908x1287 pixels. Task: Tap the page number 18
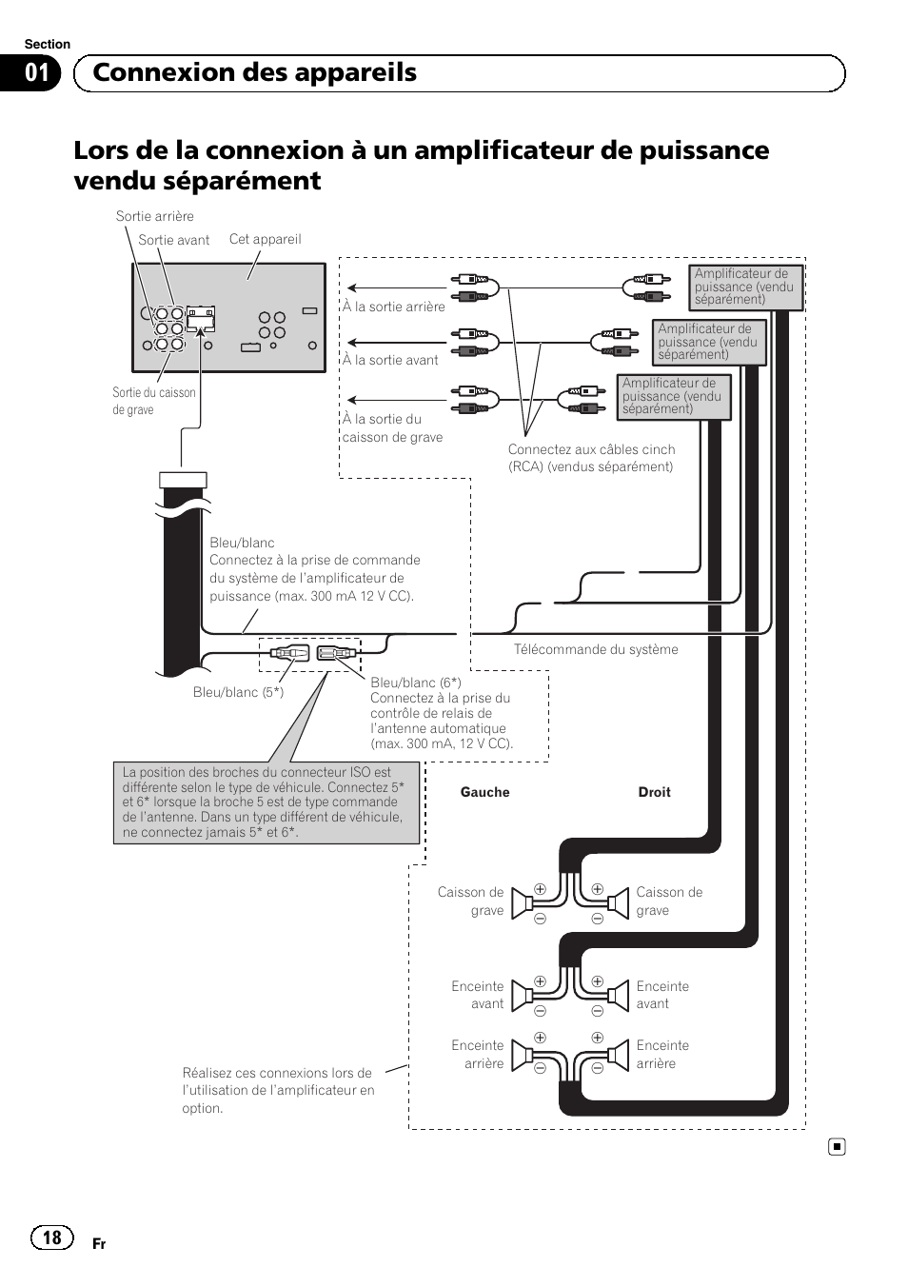pyautogui.click(x=51, y=1237)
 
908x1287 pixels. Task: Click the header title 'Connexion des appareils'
pyautogui.click(x=254, y=73)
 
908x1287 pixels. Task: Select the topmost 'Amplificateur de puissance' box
pyautogui.click(x=745, y=287)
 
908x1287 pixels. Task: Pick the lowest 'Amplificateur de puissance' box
pyautogui.click(x=673, y=396)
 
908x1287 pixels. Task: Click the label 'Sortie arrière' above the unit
pyautogui.click(x=154, y=216)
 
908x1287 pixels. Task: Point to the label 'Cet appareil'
pyautogui.click(x=265, y=239)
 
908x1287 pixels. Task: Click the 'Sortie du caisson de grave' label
pyautogui.click(x=153, y=401)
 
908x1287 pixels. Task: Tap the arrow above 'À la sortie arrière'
pyautogui.click(x=395, y=287)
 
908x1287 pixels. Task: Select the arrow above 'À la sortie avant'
pyautogui.click(x=395, y=342)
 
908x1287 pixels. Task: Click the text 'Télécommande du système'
pyautogui.click(x=596, y=649)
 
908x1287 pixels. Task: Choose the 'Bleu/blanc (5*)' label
pyautogui.click(x=238, y=692)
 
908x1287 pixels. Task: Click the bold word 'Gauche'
pyautogui.click(x=484, y=792)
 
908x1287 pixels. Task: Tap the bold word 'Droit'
pyautogui.click(x=654, y=792)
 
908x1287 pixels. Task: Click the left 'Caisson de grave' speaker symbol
pyautogui.click(x=523, y=902)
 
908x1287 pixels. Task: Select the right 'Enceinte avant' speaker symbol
pyautogui.click(x=618, y=996)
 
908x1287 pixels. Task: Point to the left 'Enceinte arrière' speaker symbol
pyautogui.click(x=523, y=1055)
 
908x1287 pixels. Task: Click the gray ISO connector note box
pyautogui.click(x=266, y=802)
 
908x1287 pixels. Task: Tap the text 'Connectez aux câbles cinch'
pyautogui.click(x=591, y=449)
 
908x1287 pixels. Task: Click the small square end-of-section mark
pyautogui.click(x=836, y=1147)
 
